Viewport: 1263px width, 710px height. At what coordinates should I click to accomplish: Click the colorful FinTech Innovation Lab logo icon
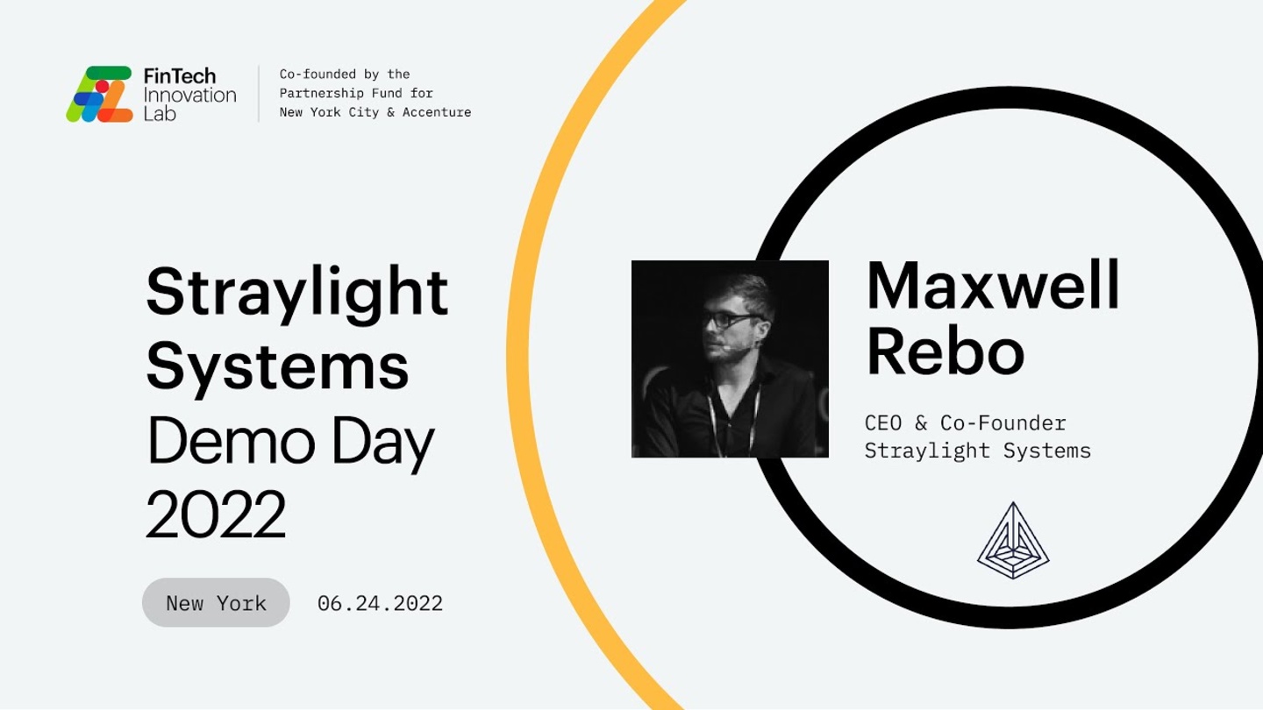100,94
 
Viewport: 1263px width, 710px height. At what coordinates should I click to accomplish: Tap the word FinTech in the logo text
179,76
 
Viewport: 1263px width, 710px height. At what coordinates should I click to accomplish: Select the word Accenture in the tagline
437,112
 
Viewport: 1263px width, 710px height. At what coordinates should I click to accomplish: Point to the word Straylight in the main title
297,293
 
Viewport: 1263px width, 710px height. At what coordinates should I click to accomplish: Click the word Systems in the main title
277,366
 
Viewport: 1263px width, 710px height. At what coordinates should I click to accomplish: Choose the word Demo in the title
231,441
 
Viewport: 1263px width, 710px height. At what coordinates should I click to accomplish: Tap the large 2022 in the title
216,515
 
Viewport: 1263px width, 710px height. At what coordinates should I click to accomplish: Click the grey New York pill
216,602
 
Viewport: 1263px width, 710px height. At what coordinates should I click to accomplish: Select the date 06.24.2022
380,603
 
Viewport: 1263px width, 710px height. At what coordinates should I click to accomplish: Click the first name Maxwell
992,286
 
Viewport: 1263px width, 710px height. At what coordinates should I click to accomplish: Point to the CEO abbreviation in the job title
883,422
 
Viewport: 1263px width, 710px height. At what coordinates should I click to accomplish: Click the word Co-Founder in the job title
1003,422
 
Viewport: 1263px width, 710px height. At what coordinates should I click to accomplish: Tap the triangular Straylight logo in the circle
1013,540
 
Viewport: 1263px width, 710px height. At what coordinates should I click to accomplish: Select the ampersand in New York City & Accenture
391,112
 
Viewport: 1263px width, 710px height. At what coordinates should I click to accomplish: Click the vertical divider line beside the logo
259,94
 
